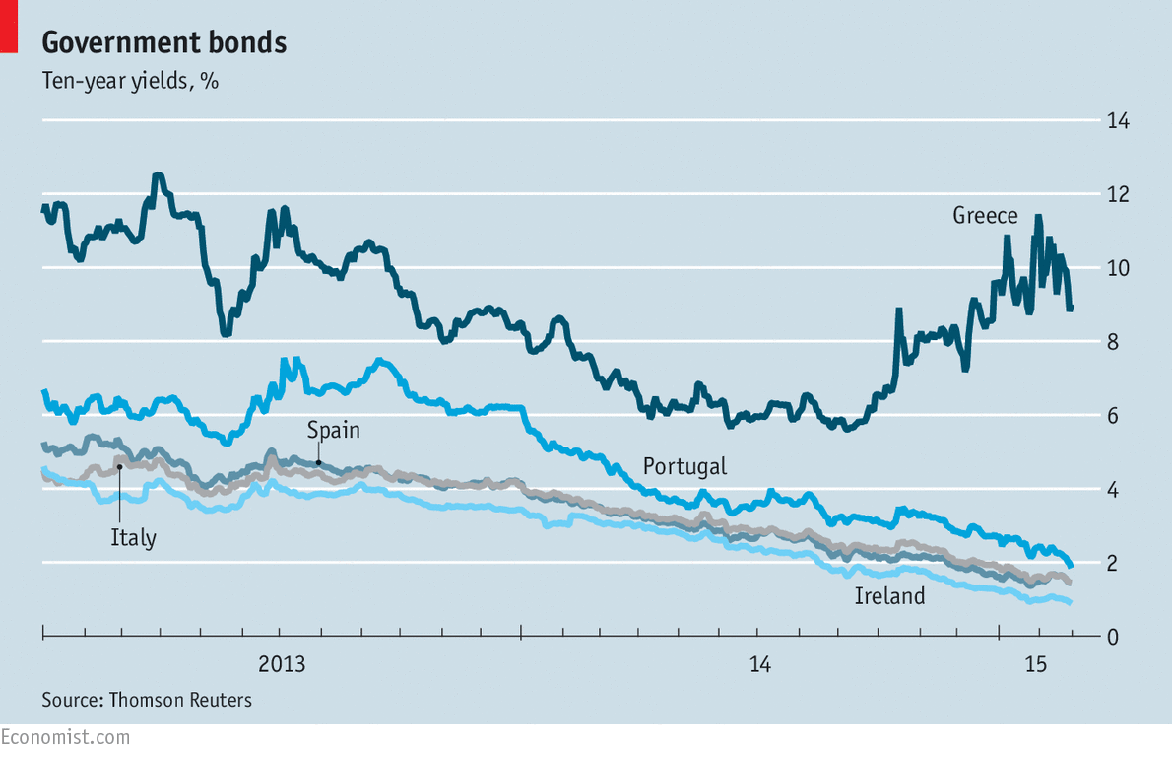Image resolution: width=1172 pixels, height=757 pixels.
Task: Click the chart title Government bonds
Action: (163, 42)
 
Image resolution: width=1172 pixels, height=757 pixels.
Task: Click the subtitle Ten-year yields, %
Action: (130, 81)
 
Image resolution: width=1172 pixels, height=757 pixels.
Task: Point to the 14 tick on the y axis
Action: (1117, 121)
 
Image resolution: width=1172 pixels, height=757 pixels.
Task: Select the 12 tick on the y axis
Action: (1117, 195)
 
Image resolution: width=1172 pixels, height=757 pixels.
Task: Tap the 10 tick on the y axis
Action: (1117, 268)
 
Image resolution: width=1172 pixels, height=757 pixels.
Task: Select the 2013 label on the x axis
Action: (282, 665)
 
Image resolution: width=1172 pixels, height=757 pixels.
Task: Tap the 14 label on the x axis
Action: (759, 665)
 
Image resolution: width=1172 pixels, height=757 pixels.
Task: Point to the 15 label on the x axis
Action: (1036, 665)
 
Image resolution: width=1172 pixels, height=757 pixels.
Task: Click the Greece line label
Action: (985, 216)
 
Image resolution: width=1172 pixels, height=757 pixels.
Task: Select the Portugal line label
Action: (684, 466)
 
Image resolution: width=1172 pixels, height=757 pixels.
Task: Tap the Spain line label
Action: (333, 430)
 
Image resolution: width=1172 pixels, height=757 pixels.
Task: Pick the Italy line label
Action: (133, 538)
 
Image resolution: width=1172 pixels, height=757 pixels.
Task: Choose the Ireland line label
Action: (889, 596)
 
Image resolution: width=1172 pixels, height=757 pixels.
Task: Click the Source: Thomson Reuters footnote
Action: (147, 701)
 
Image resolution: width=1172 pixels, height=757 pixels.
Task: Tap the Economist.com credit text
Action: (65, 737)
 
